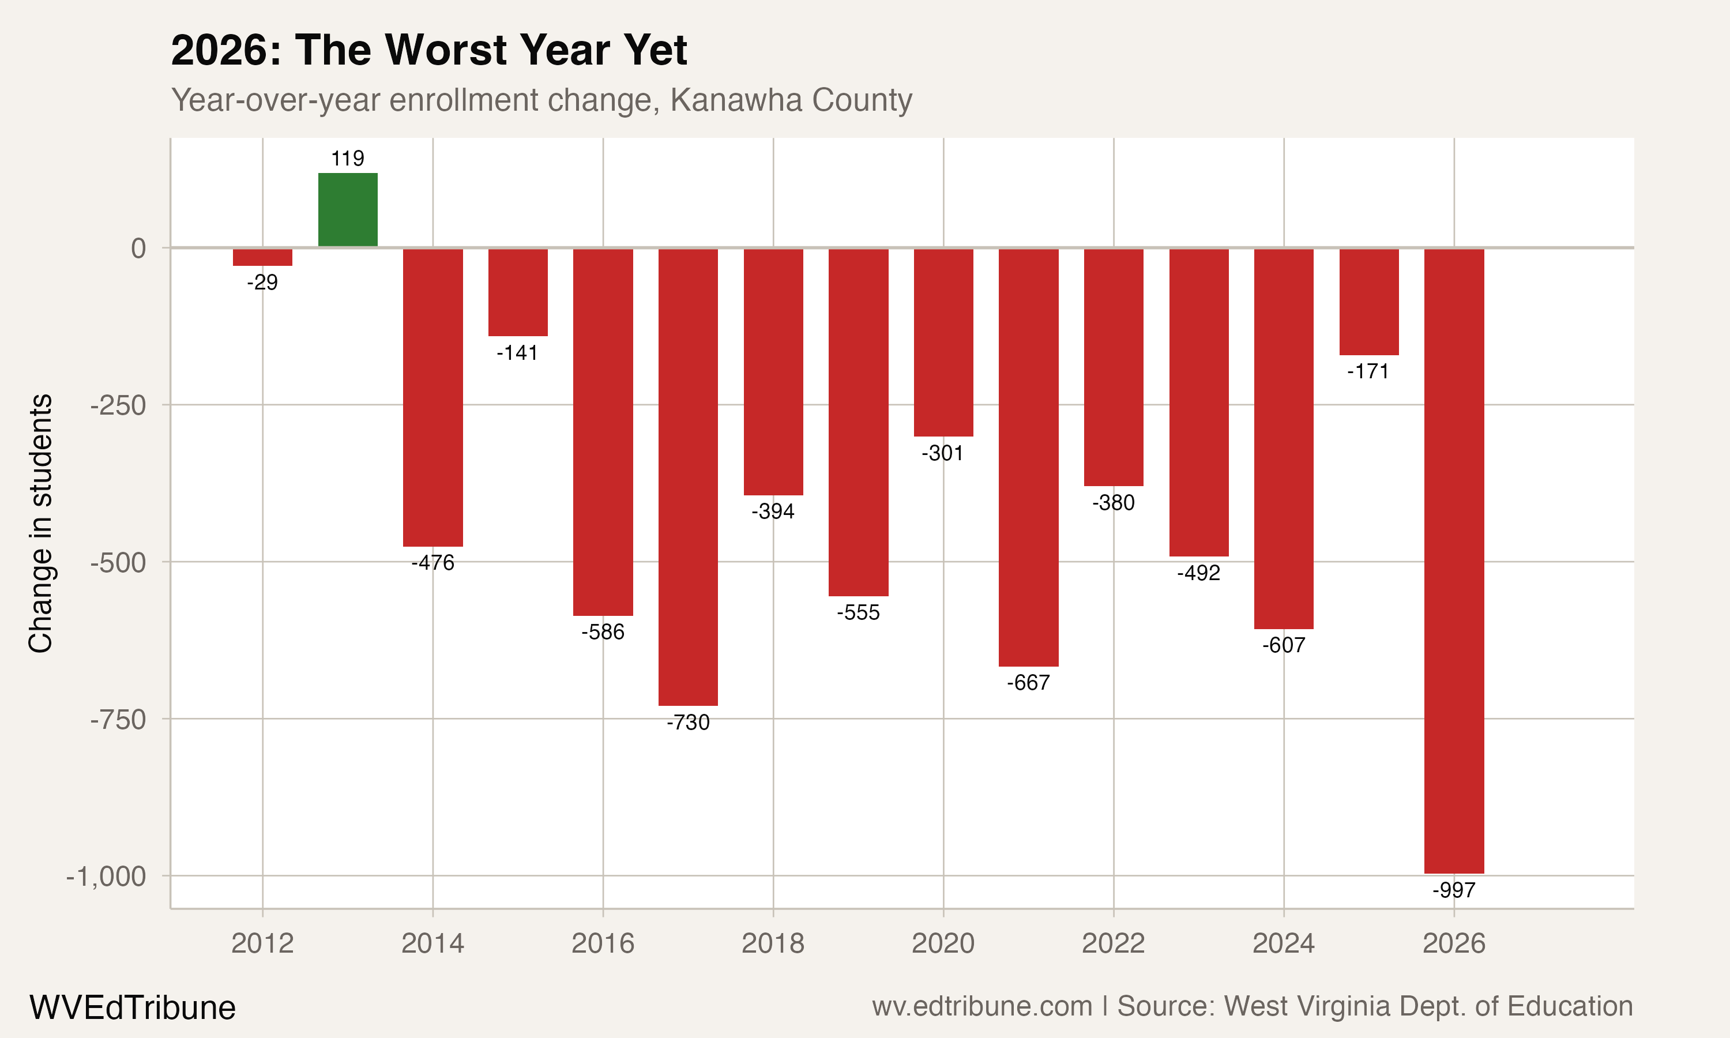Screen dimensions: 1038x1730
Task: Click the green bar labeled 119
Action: (x=348, y=210)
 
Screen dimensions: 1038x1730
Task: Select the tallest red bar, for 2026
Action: (x=1454, y=559)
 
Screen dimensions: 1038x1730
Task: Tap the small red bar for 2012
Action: (x=262, y=257)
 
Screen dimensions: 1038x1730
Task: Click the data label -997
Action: (x=1454, y=890)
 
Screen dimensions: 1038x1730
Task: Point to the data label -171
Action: (x=1368, y=371)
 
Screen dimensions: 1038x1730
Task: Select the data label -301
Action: (x=943, y=453)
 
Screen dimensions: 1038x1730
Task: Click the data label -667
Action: (x=1028, y=683)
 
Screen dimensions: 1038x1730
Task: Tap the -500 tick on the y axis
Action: (x=118, y=563)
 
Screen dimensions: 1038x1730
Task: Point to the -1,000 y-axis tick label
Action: (x=106, y=877)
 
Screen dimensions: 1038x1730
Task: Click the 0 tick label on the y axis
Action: (x=138, y=249)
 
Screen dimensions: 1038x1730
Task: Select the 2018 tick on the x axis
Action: (x=773, y=943)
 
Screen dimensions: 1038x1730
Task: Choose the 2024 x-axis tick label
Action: (x=1283, y=943)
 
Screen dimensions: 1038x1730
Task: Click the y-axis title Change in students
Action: (x=40, y=523)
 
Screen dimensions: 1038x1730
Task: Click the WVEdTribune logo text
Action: (x=132, y=1008)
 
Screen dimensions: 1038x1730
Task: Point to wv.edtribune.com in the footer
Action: (x=982, y=1006)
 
